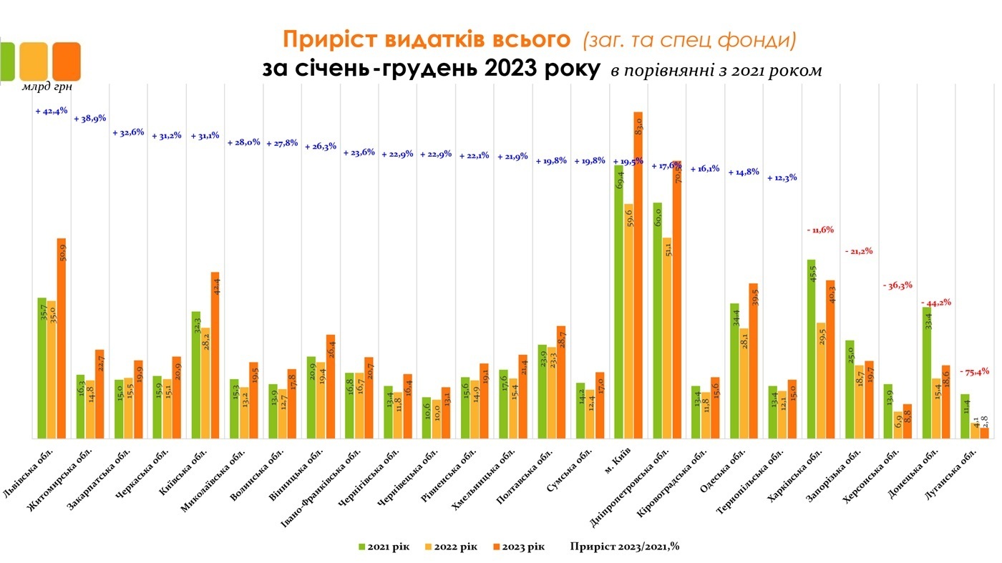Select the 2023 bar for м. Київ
click(x=638, y=275)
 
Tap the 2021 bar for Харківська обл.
click(x=811, y=348)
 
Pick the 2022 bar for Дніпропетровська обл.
click(x=666, y=338)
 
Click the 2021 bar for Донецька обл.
click(x=927, y=372)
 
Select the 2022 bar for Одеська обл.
click(x=744, y=383)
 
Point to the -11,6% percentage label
click(x=820, y=230)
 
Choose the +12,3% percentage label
click(x=782, y=177)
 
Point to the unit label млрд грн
click(x=47, y=87)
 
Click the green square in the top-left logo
click(x=6, y=61)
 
